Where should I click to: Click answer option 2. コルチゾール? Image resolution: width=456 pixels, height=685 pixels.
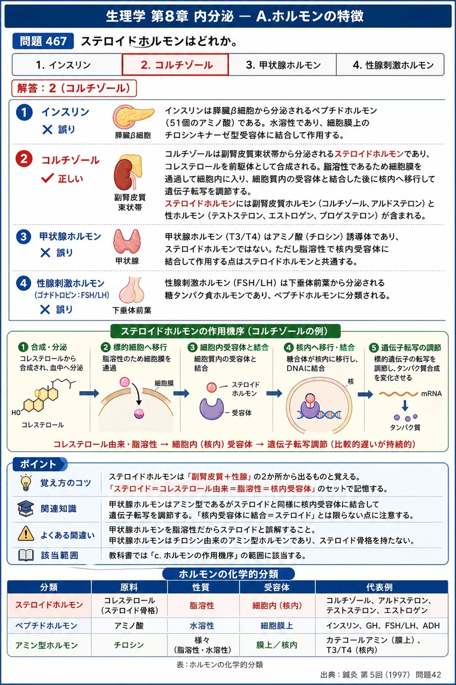175,65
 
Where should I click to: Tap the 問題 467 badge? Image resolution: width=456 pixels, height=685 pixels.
43,41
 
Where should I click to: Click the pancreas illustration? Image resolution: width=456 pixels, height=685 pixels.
133,117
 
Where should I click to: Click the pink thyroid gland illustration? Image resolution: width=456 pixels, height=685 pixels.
127,241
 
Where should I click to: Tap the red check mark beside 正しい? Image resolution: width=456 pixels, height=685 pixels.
48,178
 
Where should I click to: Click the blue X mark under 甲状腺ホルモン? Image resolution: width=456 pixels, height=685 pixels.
45,253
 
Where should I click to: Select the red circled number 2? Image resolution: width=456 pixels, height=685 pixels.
24,159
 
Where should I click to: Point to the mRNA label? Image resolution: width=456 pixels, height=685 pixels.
431,393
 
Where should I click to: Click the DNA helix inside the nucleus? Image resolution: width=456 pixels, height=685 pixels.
319,415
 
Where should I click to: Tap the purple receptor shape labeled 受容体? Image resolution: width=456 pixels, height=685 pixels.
211,408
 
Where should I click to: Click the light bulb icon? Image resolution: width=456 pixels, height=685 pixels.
26,483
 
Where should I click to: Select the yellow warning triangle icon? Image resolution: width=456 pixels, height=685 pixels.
26,534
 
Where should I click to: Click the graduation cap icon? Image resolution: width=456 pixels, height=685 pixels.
26,508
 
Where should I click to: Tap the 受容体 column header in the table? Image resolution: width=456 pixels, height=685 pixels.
277,587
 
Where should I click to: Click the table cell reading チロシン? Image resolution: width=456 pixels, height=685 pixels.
129,645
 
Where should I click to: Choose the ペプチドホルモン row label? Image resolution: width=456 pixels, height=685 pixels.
47,626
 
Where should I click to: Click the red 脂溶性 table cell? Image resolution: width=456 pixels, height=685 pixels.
202,605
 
